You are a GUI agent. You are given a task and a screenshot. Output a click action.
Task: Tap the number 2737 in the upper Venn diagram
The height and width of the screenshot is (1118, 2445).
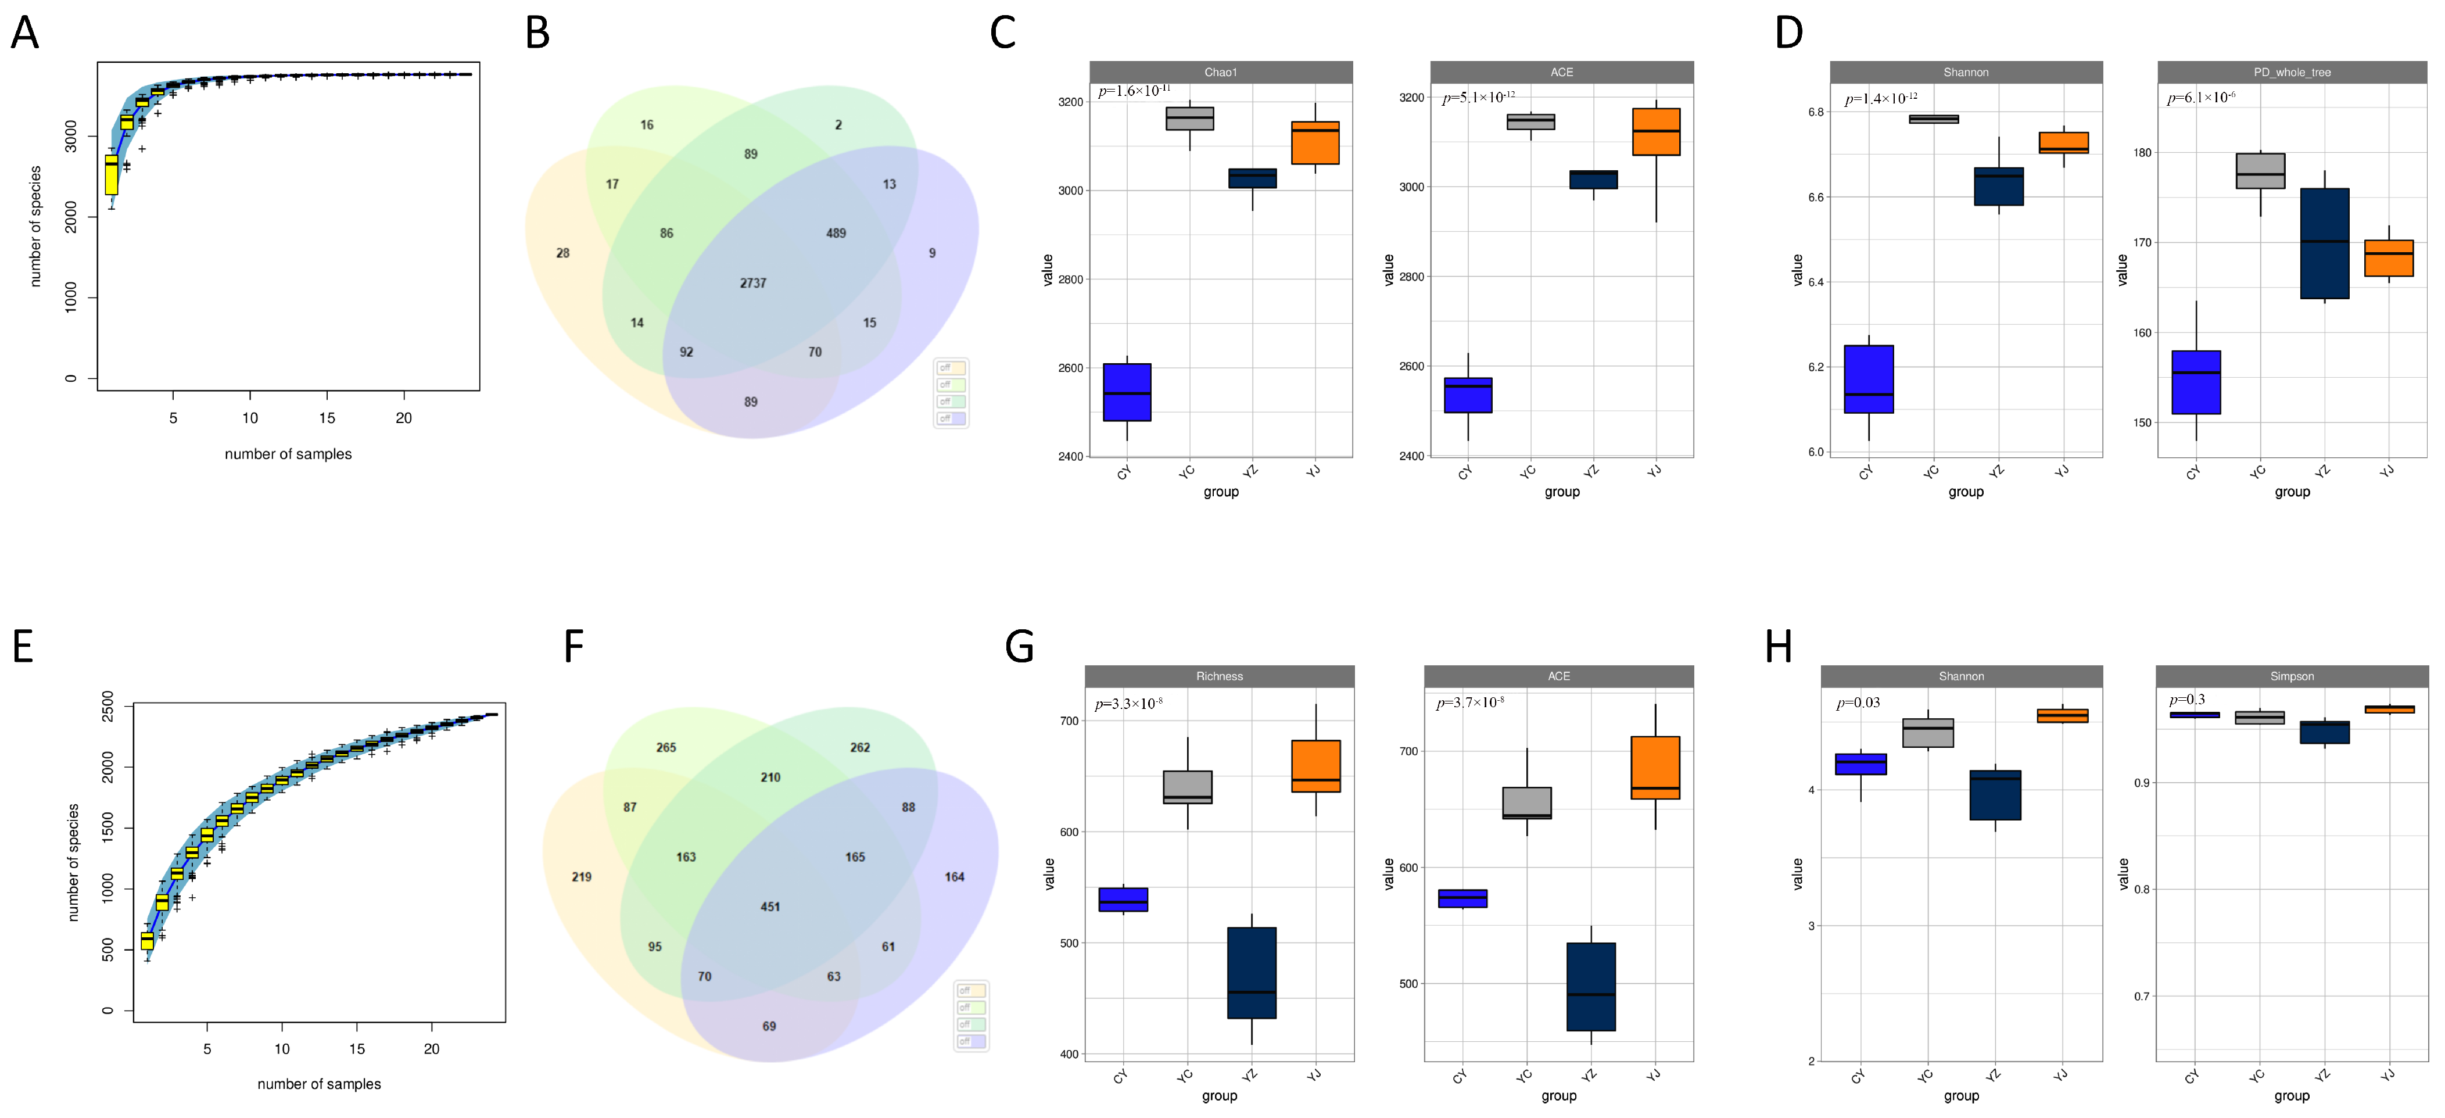point(752,283)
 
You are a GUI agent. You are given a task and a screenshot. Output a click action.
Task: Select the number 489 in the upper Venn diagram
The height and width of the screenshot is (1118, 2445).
point(836,232)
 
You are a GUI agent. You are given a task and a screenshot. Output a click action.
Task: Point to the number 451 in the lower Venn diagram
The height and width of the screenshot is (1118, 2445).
point(770,906)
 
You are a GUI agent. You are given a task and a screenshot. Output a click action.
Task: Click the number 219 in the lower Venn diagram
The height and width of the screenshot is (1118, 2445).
point(581,877)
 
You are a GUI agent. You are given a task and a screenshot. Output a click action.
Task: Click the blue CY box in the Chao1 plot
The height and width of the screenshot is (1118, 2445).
point(1127,392)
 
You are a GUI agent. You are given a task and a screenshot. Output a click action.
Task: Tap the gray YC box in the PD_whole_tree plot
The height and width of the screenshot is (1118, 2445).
point(2260,171)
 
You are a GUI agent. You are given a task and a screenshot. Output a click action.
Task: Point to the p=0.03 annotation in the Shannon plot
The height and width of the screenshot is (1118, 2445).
point(1858,703)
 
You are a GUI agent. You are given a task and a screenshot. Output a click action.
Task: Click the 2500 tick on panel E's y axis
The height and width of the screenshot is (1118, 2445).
point(107,707)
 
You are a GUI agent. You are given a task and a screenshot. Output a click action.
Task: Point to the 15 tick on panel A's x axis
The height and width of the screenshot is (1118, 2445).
point(327,418)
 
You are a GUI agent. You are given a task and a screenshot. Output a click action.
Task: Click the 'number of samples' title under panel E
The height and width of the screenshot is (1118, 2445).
point(319,1084)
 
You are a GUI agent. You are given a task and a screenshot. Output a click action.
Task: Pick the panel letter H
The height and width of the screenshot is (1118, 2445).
point(1778,647)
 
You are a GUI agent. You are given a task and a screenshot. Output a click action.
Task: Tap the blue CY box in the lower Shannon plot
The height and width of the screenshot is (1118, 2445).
point(1860,764)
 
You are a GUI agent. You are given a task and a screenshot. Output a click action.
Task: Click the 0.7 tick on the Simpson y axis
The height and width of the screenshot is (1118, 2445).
point(2141,997)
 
